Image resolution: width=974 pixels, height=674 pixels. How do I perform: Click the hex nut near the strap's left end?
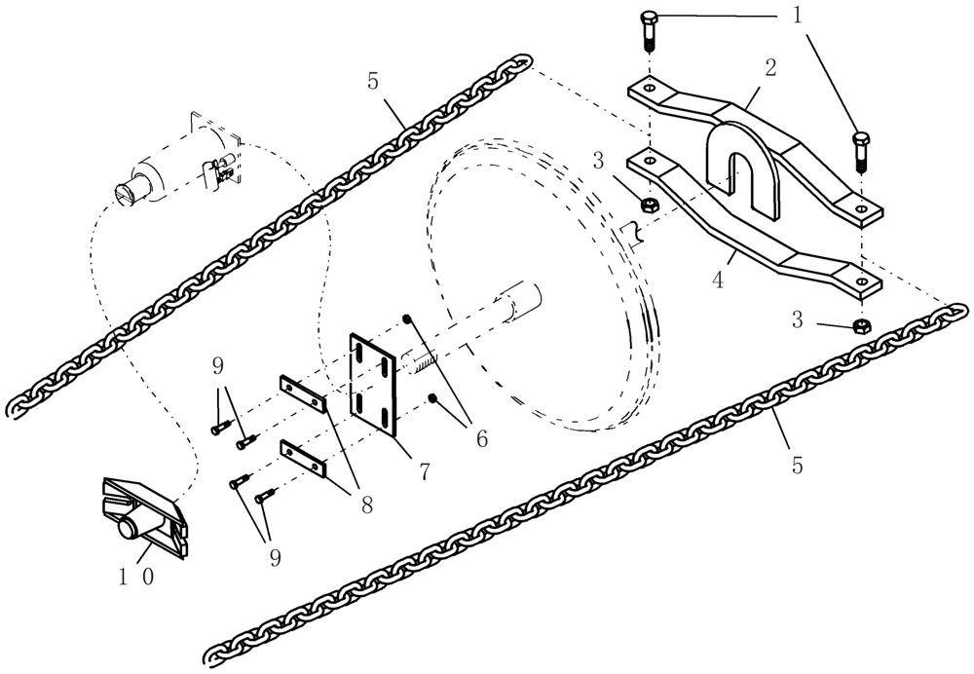point(647,204)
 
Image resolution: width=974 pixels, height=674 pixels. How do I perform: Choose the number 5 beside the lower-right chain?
point(796,467)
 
